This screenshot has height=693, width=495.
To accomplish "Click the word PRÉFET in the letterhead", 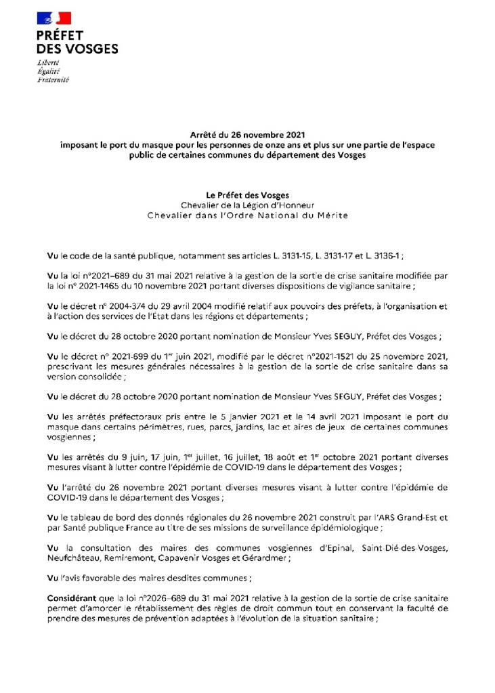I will pyautogui.click(x=60, y=35).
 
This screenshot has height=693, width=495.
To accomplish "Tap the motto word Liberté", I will pyautogui.click(x=47, y=62).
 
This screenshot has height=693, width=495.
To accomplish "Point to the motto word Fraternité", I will pyautogui.click(x=51, y=79).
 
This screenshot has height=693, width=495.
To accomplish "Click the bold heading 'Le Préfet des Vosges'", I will pyautogui.click(x=247, y=195).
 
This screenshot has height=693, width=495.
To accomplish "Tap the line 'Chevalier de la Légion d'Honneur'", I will pyautogui.click(x=247, y=205).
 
